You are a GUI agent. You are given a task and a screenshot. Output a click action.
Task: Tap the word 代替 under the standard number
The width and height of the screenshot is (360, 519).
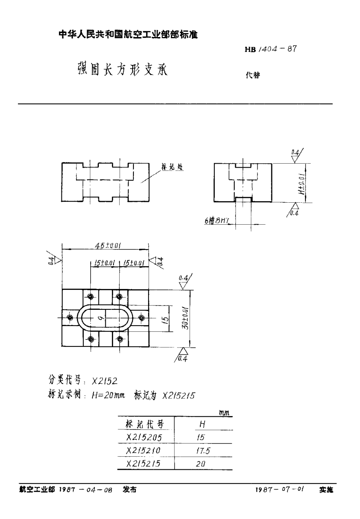(x=252, y=75)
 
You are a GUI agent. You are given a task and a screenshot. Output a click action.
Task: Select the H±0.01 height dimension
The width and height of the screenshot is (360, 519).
(x=301, y=183)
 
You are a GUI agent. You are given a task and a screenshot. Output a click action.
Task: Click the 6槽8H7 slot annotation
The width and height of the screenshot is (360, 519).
(x=217, y=221)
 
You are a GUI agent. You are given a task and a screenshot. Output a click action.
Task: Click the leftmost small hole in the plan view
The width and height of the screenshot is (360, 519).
(x=70, y=318)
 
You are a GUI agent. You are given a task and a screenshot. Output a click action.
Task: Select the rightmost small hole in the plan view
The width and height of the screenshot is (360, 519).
(x=142, y=318)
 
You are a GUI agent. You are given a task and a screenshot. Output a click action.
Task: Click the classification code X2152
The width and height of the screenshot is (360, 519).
(x=105, y=381)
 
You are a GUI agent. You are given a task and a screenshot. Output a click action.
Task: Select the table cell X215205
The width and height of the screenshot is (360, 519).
(x=144, y=438)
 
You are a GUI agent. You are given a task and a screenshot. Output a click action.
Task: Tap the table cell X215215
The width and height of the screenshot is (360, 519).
(x=144, y=464)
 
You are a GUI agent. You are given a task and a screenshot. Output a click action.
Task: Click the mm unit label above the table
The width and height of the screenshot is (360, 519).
(x=224, y=413)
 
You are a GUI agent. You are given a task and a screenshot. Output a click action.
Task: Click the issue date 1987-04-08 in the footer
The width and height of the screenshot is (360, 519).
(x=85, y=490)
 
